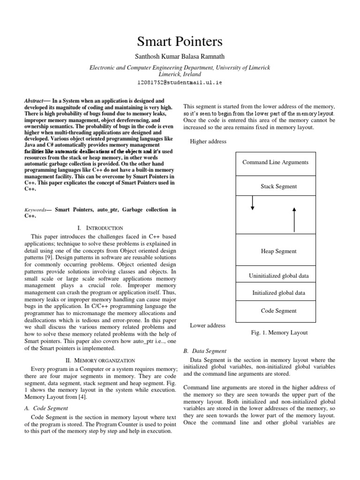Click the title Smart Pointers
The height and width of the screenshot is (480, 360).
point(180,42)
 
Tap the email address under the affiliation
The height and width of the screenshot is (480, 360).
point(180,82)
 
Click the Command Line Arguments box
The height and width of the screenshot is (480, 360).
point(275,163)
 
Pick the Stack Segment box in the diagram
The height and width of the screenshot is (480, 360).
point(278,187)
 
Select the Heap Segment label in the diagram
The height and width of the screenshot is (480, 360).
point(278,251)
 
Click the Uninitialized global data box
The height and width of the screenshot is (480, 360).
point(278,276)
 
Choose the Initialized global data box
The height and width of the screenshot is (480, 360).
point(278,293)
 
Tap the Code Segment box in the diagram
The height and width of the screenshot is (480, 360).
point(278,311)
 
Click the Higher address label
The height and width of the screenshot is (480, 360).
point(208,142)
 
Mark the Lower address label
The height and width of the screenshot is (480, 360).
point(207,325)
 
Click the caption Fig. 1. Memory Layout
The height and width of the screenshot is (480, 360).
point(278,333)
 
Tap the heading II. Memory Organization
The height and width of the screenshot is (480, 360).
point(100,360)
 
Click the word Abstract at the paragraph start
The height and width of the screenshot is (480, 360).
point(33,101)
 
